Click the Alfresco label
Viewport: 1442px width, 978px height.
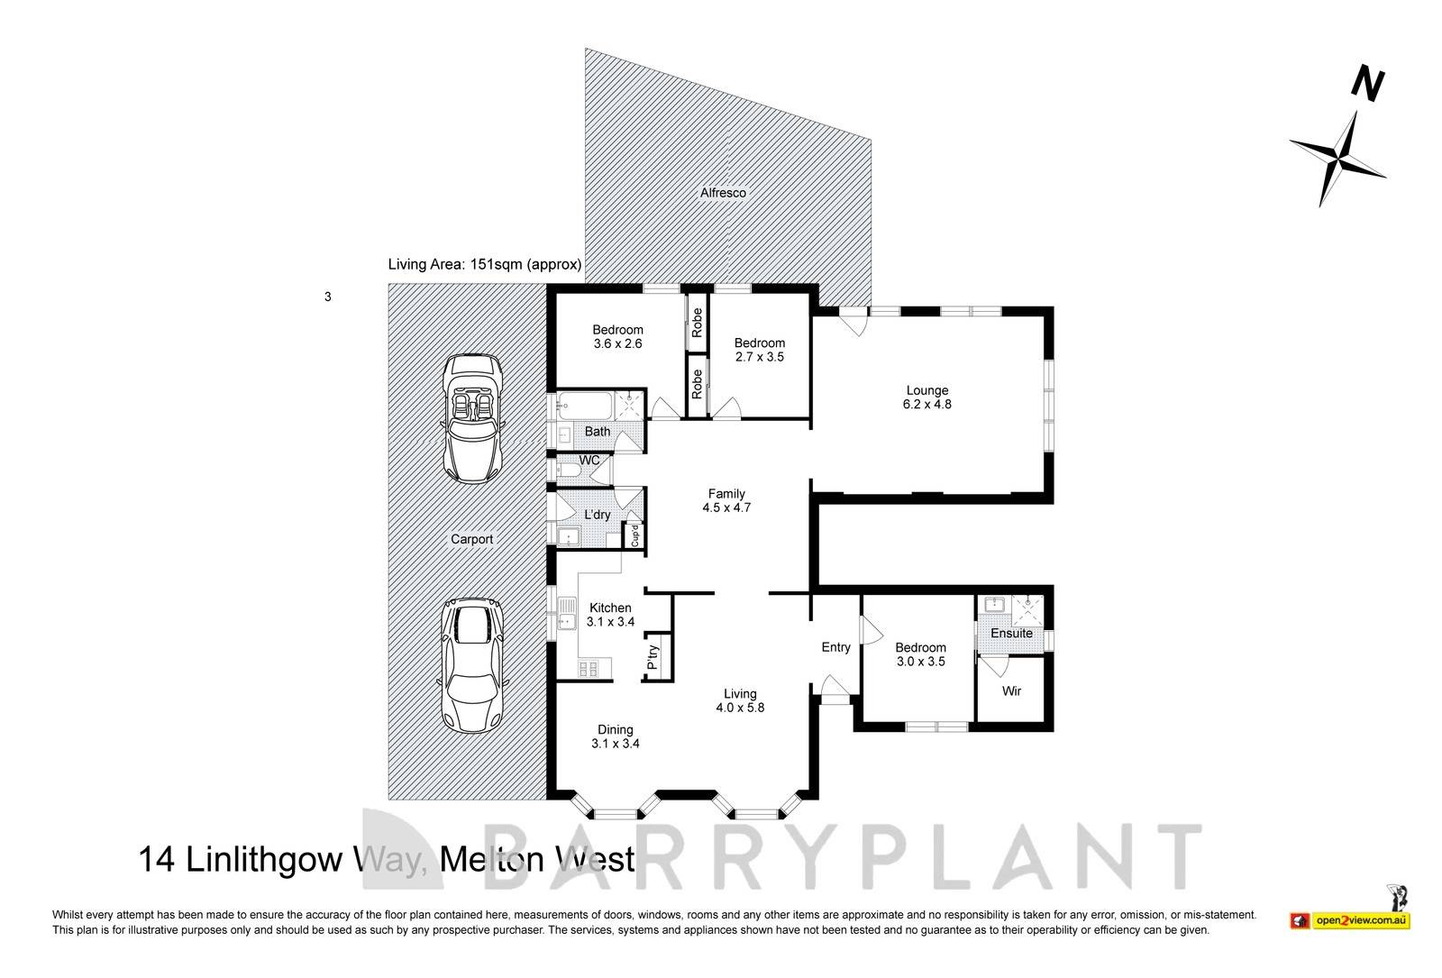(724, 193)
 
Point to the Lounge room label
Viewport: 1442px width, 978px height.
(927, 398)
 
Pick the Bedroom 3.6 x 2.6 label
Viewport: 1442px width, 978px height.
(617, 336)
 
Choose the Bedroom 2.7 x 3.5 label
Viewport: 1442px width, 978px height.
(759, 350)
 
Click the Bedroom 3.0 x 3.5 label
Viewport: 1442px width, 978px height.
(920, 654)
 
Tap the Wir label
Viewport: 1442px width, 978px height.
(1011, 691)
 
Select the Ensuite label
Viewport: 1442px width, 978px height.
(1011, 634)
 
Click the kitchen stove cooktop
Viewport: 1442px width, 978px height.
(588, 668)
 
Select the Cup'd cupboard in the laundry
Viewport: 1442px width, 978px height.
(634, 535)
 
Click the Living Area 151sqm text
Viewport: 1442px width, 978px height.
(484, 265)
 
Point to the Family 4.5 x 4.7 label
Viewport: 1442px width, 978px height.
(726, 500)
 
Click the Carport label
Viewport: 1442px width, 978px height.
(471, 539)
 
